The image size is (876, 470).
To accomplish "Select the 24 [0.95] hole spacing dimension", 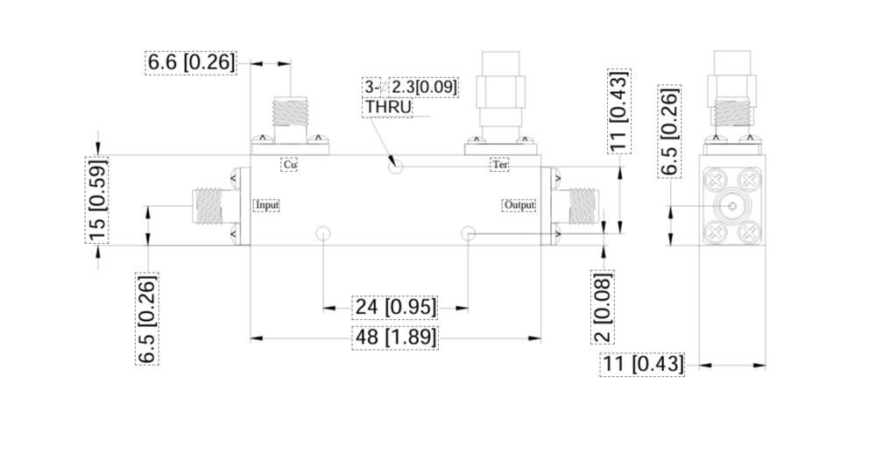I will coord(395,307).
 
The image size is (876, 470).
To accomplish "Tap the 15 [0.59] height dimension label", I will coord(96,202).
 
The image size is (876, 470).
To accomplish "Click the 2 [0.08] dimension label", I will coord(603,306).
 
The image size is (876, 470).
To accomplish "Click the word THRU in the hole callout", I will coord(388,107).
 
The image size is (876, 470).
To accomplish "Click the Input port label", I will coord(267,205).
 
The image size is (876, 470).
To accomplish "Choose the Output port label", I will coord(519,205).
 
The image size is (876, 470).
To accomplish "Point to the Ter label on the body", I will coord(499,164).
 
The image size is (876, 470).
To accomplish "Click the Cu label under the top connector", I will coord(290,164).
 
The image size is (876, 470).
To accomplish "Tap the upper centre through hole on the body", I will coord(396,164).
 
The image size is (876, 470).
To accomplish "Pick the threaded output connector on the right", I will coord(581,205).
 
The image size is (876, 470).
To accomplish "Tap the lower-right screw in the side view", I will coord(749,232).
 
